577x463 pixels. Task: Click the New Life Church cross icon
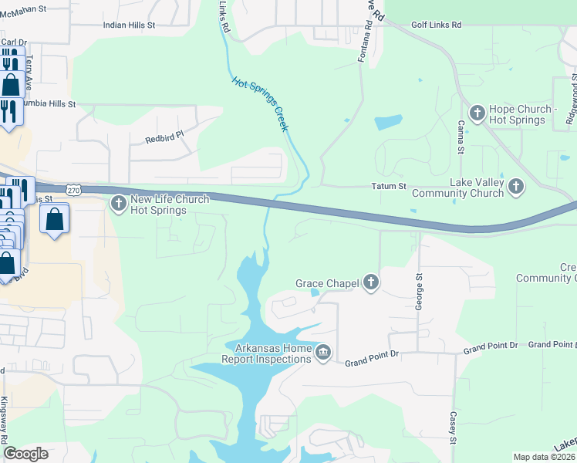pos(118,204)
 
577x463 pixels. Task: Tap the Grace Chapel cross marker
pos(371,283)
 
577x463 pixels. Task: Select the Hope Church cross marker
pos(477,113)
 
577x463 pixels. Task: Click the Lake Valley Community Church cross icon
pos(515,186)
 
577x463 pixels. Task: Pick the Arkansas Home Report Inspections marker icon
pos(323,353)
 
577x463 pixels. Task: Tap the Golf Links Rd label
pos(436,25)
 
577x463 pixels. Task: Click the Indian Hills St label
pos(130,25)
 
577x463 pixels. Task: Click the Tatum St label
pos(388,187)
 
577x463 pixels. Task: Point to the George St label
pos(420,291)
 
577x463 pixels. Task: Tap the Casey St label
pos(454,427)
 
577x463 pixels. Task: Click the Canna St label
pos(460,136)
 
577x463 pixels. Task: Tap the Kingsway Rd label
pos(5,420)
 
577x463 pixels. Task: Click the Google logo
pos(25,454)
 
